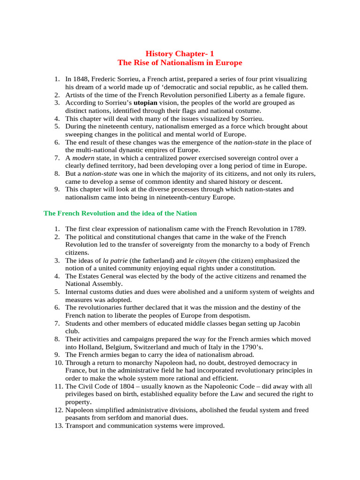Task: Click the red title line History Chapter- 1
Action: tap(180, 53)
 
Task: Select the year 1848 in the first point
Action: tap(82, 79)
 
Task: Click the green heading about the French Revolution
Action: tap(120, 213)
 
